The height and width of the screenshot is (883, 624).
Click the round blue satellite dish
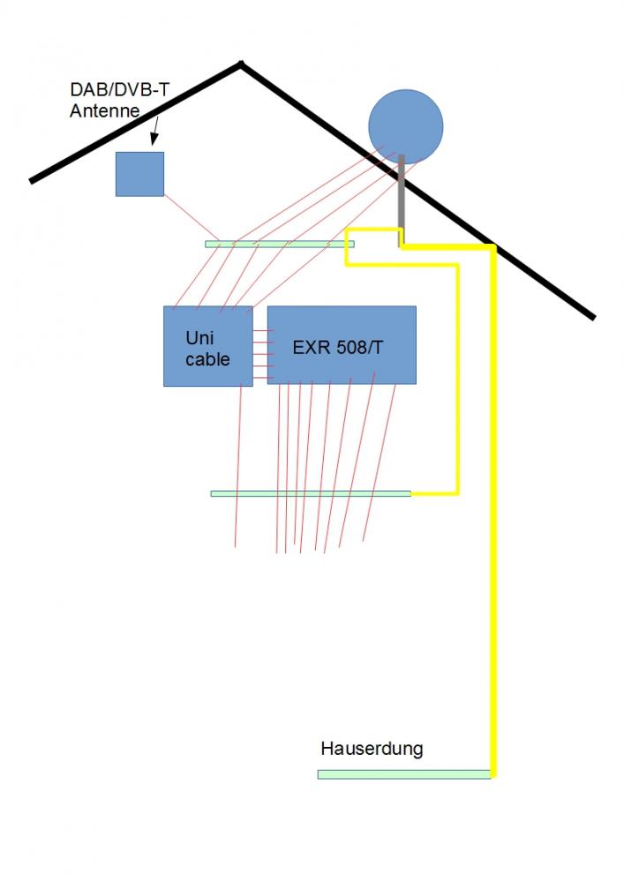click(x=405, y=127)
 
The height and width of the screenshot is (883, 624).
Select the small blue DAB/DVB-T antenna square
click(x=139, y=174)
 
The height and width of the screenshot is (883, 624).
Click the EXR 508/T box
click(x=342, y=344)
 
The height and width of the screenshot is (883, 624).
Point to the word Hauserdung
click(x=372, y=749)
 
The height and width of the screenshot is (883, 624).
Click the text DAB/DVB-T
click(x=120, y=90)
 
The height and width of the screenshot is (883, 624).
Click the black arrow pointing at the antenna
click(x=155, y=132)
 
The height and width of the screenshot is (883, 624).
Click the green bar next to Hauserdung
click(x=403, y=774)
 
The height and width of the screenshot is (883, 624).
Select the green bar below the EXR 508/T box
click(x=310, y=494)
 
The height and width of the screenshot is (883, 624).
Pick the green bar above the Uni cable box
click(x=279, y=244)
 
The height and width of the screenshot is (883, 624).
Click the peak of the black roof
click(x=240, y=64)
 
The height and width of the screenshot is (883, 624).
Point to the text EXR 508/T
click(x=338, y=347)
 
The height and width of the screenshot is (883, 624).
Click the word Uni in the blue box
click(x=199, y=338)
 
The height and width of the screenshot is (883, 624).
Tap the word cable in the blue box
click(x=207, y=359)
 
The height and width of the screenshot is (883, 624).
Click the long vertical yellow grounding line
click(x=493, y=530)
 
